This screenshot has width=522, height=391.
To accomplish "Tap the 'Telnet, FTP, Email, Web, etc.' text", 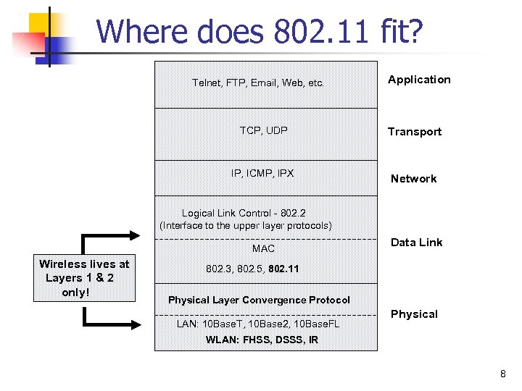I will [x=257, y=83].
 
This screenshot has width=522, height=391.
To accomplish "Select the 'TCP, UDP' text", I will [x=263, y=130].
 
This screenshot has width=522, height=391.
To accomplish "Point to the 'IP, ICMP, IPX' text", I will [x=262, y=173].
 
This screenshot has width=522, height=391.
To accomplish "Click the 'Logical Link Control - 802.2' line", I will [x=244, y=213].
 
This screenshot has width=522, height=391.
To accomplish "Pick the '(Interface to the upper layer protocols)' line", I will [x=246, y=225].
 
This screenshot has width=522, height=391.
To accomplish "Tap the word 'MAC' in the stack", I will [x=263, y=248].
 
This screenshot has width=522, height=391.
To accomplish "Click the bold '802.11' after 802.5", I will [x=283, y=269].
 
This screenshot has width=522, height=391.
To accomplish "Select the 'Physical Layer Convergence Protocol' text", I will [x=259, y=300].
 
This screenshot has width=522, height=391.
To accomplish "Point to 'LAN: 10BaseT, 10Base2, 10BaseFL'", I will [x=257, y=323].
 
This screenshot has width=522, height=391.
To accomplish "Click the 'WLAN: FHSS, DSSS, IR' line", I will [x=262, y=340].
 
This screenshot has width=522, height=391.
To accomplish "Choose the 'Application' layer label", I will [x=419, y=80].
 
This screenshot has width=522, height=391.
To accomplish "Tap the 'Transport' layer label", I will [x=414, y=131].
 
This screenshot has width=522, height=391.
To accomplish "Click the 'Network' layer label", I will [x=413, y=179].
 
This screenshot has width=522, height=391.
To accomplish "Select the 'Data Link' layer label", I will [x=416, y=243].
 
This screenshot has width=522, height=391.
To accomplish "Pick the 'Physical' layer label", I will [x=414, y=314].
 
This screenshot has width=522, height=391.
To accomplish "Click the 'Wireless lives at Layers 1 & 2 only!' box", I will [x=84, y=279].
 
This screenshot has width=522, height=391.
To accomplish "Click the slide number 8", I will [x=502, y=374].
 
